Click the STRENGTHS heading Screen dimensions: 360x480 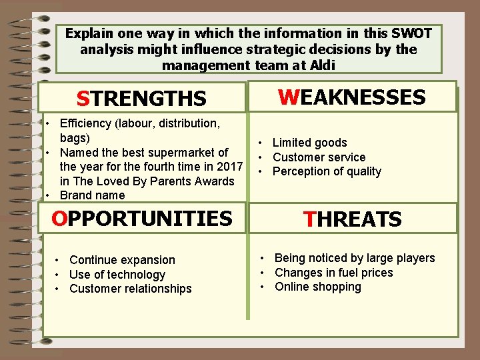(x=141, y=99)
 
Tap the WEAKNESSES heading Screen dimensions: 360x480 (x=352, y=97)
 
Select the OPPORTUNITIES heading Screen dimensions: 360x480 (x=142, y=218)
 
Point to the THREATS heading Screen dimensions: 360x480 (x=352, y=219)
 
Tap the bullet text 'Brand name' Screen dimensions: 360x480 (x=92, y=195)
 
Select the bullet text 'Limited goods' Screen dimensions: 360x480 (x=309, y=143)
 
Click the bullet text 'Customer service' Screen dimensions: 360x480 (x=319, y=157)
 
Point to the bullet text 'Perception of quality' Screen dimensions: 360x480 (x=327, y=171)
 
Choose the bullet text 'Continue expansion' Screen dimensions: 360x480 (x=122, y=260)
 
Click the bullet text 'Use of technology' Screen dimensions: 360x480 (x=117, y=275)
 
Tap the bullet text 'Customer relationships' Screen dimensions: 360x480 (x=130, y=289)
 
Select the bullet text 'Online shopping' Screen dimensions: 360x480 (x=317, y=287)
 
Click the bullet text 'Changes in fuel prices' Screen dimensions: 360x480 (x=333, y=273)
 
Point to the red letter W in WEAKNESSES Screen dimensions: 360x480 (x=289, y=97)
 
